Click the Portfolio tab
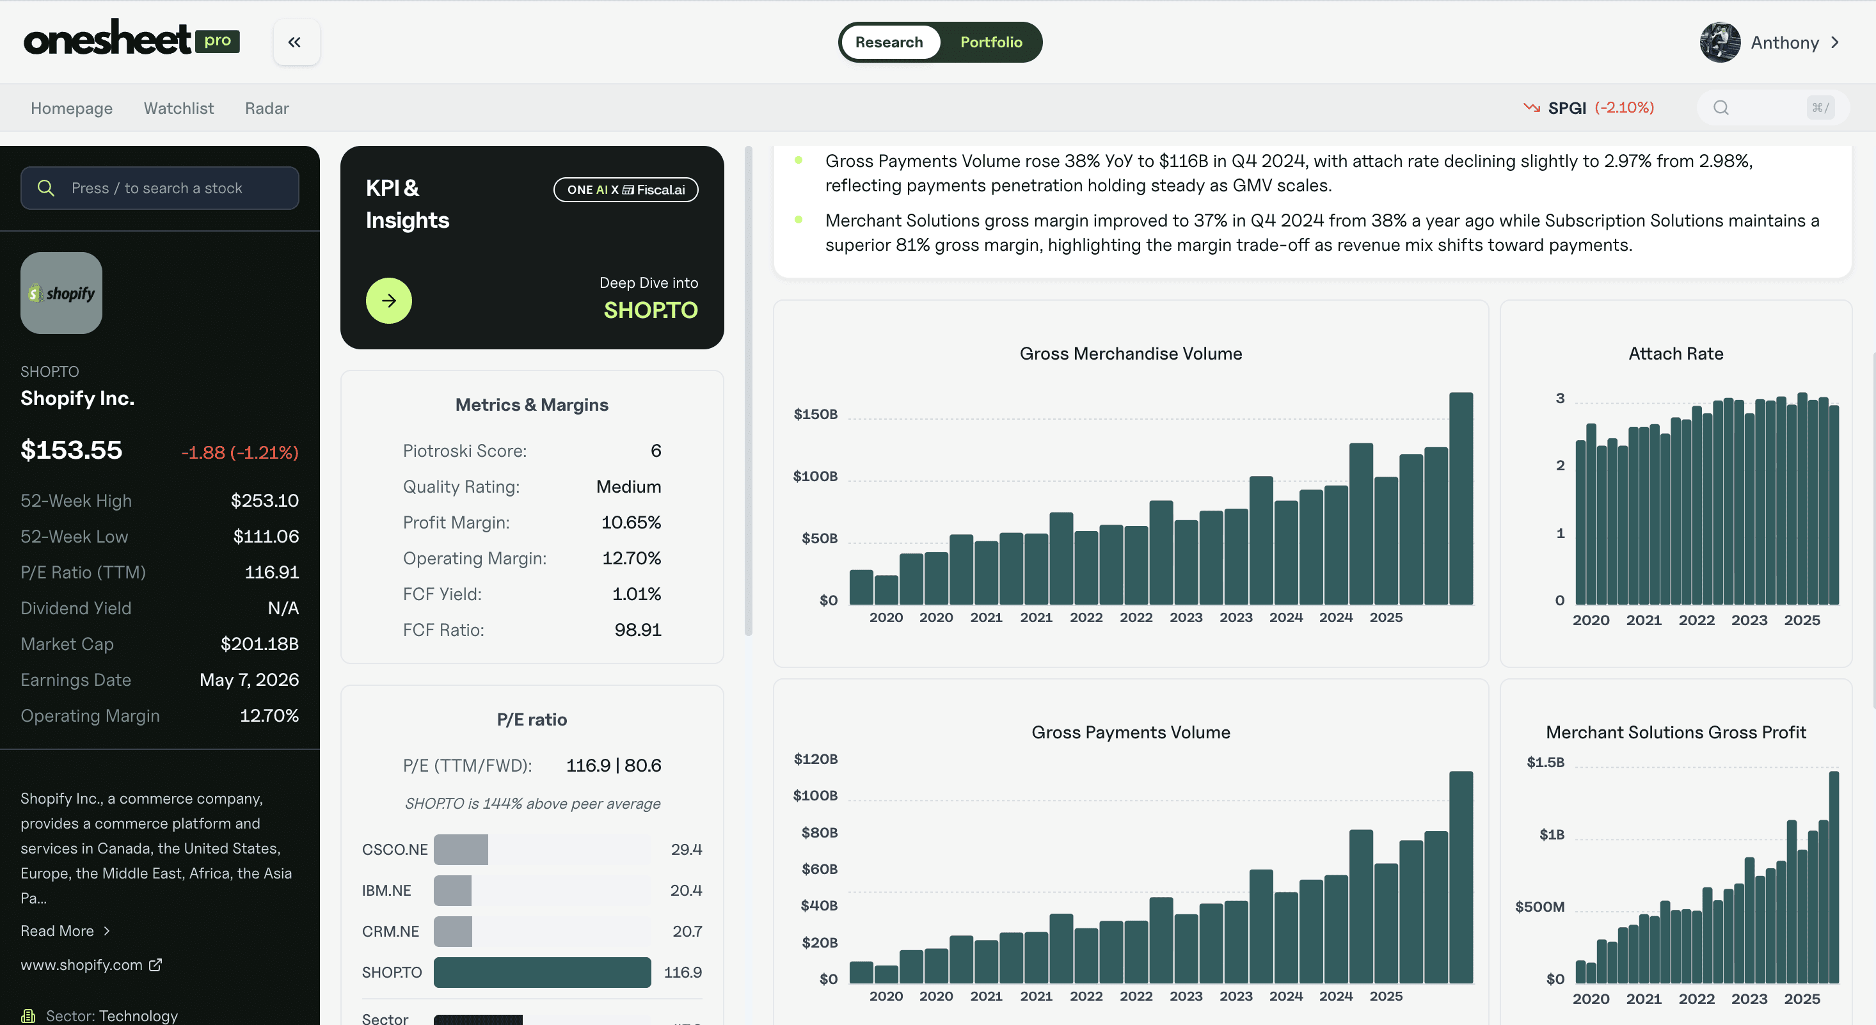pos(990,42)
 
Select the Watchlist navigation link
pos(179,109)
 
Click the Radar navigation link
pos(267,109)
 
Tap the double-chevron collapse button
pos(295,42)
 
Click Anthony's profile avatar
pos(1719,42)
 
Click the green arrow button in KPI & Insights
pos(389,300)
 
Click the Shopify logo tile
pos(61,293)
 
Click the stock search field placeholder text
pos(157,188)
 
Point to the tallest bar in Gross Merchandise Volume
pos(1460,498)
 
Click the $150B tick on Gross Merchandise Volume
pos(815,415)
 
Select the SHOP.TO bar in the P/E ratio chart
pos(542,972)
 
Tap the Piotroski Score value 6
pos(655,451)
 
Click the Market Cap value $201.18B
pos(259,644)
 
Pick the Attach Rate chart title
pos(1675,353)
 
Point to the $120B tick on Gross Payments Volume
pos(815,759)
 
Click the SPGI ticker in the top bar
pos(1566,108)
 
